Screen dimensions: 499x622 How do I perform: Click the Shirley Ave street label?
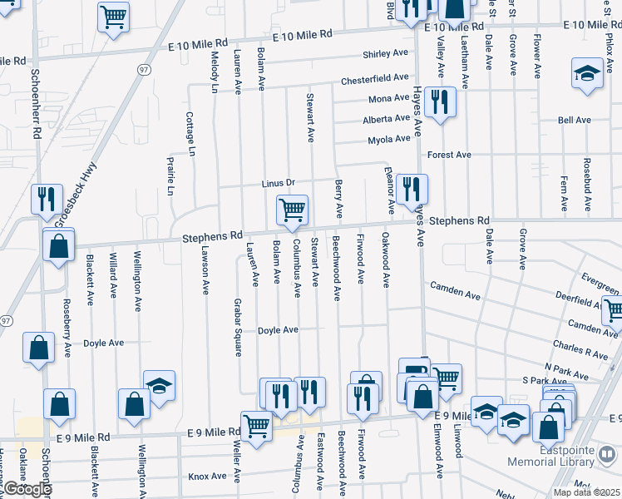[x=385, y=54]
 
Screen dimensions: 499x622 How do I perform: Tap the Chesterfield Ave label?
[x=374, y=80]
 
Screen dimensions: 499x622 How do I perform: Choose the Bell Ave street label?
[x=574, y=121]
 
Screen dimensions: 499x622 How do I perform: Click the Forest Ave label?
[x=449, y=155]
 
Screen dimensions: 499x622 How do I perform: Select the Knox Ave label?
[x=207, y=477]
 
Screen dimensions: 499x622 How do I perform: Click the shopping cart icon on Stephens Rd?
[x=292, y=210]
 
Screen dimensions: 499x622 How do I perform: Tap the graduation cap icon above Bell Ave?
[x=587, y=73]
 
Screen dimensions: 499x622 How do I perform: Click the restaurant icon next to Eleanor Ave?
[x=412, y=189]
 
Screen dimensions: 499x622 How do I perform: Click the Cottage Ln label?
[x=190, y=135]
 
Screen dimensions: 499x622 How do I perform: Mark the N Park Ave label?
[x=560, y=367]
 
